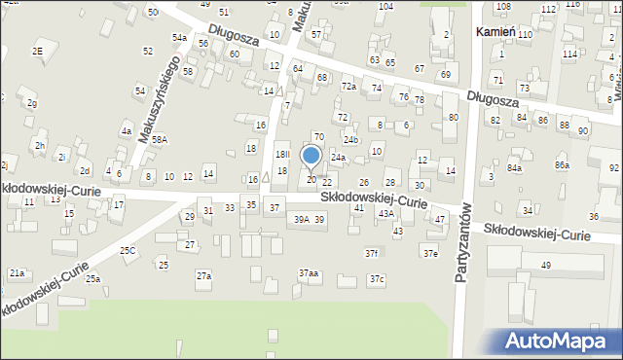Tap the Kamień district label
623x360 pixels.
495,32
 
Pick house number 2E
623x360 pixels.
38,51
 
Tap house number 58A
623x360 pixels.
159,139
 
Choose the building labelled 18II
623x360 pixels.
282,155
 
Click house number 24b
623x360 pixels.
350,140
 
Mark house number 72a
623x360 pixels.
348,87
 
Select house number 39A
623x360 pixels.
302,220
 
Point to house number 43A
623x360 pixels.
385,213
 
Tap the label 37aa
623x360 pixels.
309,273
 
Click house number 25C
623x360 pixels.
128,250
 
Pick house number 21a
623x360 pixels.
18,273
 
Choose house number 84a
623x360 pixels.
513,167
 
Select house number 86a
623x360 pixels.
562,165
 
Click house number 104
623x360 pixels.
385,6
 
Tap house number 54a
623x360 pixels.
179,37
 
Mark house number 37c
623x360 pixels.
376,280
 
